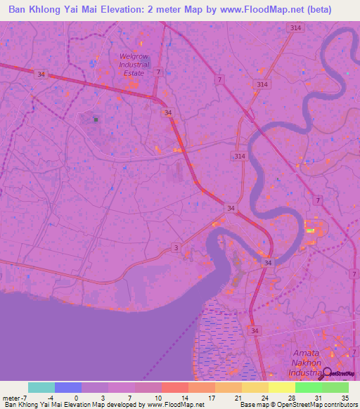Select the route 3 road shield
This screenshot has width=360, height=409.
point(175,248)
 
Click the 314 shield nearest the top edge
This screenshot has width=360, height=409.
point(295,27)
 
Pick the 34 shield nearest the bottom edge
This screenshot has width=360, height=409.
point(253,330)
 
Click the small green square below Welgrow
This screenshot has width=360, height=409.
point(96,120)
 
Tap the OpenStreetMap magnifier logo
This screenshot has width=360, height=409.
point(326,373)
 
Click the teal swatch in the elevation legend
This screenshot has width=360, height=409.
point(41,387)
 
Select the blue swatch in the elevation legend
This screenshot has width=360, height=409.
point(68,387)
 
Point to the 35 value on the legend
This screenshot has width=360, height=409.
point(344,398)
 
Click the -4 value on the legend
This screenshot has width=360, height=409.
point(50,398)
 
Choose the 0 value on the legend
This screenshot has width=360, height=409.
point(77,398)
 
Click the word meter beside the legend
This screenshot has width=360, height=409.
point(12,398)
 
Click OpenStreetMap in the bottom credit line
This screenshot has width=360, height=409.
point(304,405)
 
